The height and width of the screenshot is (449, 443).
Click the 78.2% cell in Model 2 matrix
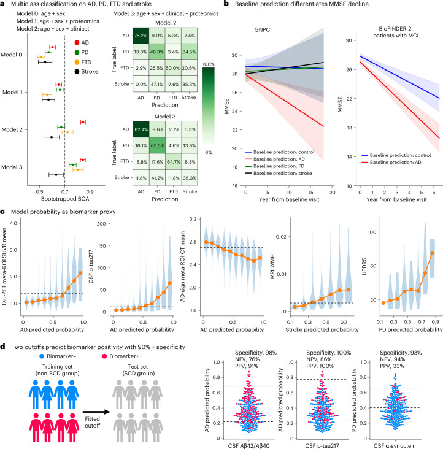click(x=141, y=36)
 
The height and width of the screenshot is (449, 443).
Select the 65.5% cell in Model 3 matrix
click(x=157, y=145)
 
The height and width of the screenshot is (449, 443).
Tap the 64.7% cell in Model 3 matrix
click(x=173, y=162)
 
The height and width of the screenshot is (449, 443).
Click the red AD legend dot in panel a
click(x=77, y=43)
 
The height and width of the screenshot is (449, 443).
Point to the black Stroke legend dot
click(x=77, y=72)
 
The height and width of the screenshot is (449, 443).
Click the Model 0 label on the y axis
click(x=12, y=55)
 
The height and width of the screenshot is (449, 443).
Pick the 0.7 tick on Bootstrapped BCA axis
click(x=64, y=191)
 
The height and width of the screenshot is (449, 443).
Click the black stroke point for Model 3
click(x=56, y=175)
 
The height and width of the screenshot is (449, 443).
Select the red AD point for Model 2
click(x=83, y=122)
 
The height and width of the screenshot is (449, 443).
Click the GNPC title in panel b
click(x=262, y=30)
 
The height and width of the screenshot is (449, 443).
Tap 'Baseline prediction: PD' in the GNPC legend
click(x=279, y=166)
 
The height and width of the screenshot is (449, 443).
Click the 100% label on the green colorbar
click(x=209, y=64)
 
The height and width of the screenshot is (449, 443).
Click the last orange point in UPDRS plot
click(x=432, y=253)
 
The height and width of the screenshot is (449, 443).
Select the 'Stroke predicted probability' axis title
click(x=322, y=329)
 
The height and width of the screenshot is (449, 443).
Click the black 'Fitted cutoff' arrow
click(x=96, y=412)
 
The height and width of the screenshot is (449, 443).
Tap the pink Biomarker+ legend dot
click(x=104, y=356)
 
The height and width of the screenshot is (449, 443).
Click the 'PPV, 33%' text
click(x=392, y=366)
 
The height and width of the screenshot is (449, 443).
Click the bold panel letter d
click(x=2, y=347)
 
